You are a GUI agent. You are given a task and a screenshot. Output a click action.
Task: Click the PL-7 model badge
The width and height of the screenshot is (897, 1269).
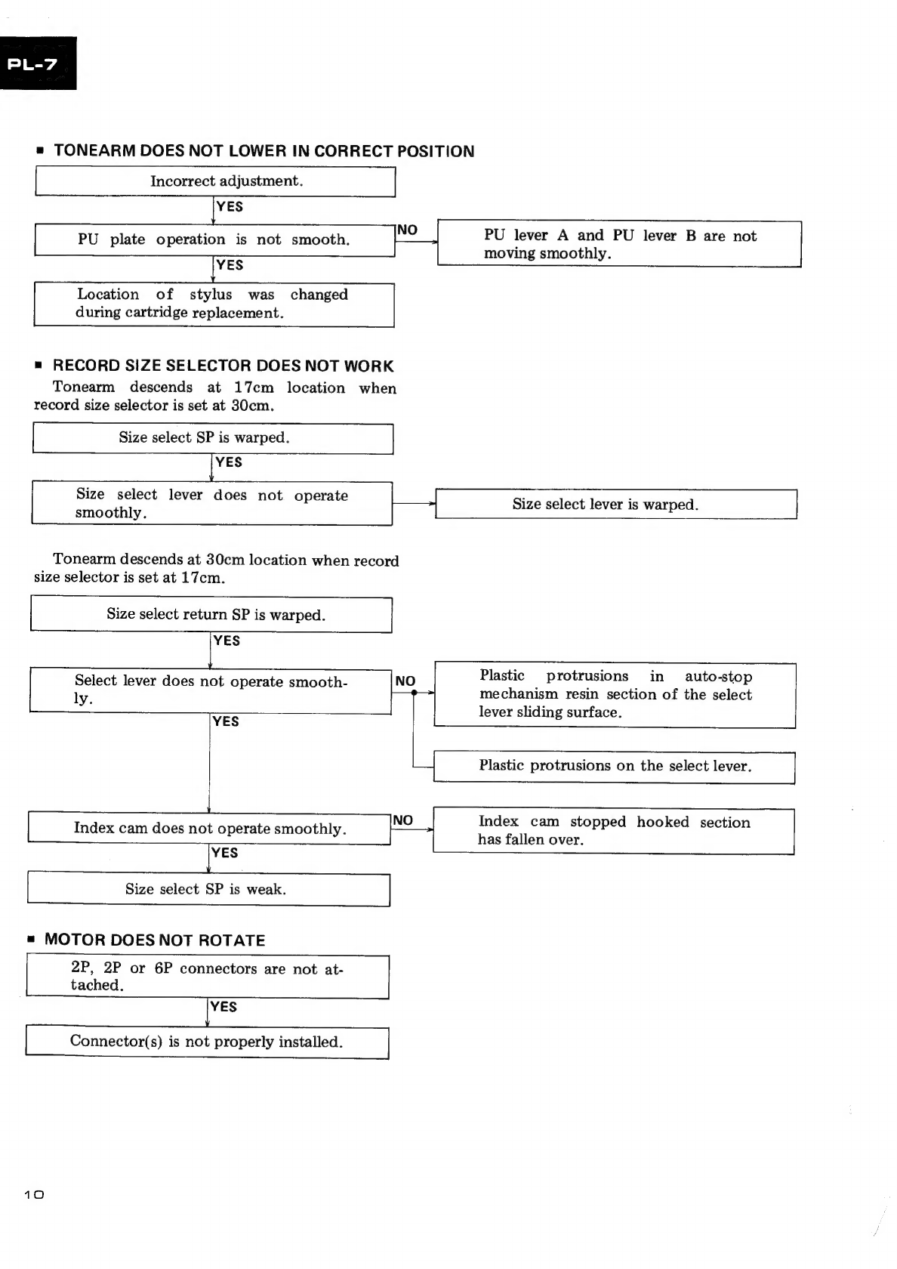click(38, 63)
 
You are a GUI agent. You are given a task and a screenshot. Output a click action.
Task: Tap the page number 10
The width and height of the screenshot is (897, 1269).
click(34, 1194)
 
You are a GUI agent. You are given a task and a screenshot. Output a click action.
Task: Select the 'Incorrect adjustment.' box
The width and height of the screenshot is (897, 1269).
click(215, 181)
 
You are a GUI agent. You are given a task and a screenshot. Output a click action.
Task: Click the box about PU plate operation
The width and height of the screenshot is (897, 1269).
click(214, 239)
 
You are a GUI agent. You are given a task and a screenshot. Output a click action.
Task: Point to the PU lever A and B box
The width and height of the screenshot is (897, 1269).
click(619, 243)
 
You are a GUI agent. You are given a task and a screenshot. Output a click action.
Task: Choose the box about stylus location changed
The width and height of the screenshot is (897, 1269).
click(214, 304)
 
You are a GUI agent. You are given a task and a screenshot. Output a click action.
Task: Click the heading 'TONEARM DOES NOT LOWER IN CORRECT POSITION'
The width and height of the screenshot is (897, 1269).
click(264, 151)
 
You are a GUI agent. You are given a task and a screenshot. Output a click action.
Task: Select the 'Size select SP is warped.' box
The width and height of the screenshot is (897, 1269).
click(213, 438)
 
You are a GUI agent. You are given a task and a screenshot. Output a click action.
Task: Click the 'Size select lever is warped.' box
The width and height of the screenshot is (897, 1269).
click(616, 504)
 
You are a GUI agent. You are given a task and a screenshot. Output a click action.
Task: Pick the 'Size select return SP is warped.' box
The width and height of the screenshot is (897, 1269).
click(211, 614)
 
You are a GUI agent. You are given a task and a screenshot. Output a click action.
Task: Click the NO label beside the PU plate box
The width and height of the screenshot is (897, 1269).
click(407, 230)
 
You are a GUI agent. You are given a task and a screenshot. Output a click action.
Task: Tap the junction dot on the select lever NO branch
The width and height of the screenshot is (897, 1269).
click(414, 692)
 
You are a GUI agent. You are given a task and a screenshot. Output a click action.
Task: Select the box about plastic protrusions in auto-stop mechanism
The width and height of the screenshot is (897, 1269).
click(615, 695)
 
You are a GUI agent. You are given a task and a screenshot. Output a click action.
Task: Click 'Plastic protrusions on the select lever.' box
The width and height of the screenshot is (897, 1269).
click(615, 767)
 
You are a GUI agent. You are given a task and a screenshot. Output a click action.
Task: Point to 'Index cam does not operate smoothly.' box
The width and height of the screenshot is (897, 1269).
click(210, 829)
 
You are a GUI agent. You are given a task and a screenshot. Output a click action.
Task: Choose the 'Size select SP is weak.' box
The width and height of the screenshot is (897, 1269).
click(209, 890)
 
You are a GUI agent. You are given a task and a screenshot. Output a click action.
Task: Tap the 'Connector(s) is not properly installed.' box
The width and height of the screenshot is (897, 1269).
click(207, 1042)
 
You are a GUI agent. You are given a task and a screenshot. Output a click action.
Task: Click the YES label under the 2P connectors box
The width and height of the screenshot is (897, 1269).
click(223, 1007)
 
